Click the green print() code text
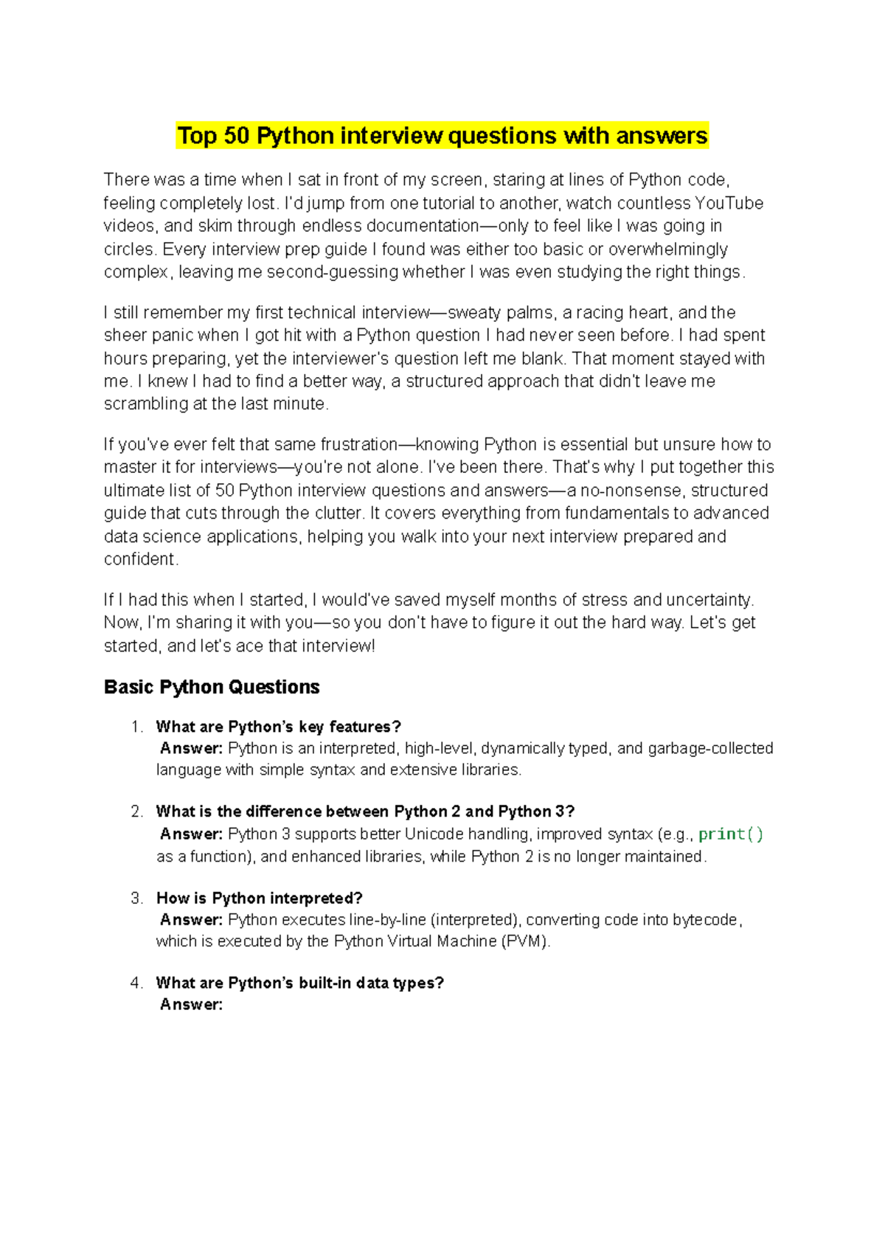click(730, 834)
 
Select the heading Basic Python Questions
click(212, 687)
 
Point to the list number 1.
click(136, 727)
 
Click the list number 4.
click(136, 983)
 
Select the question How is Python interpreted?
click(260, 899)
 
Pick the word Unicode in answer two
click(434, 834)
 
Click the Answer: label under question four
click(191, 1005)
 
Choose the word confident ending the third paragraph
click(139, 559)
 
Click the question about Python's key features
click(278, 727)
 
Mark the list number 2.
click(136, 812)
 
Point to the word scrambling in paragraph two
click(145, 404)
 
